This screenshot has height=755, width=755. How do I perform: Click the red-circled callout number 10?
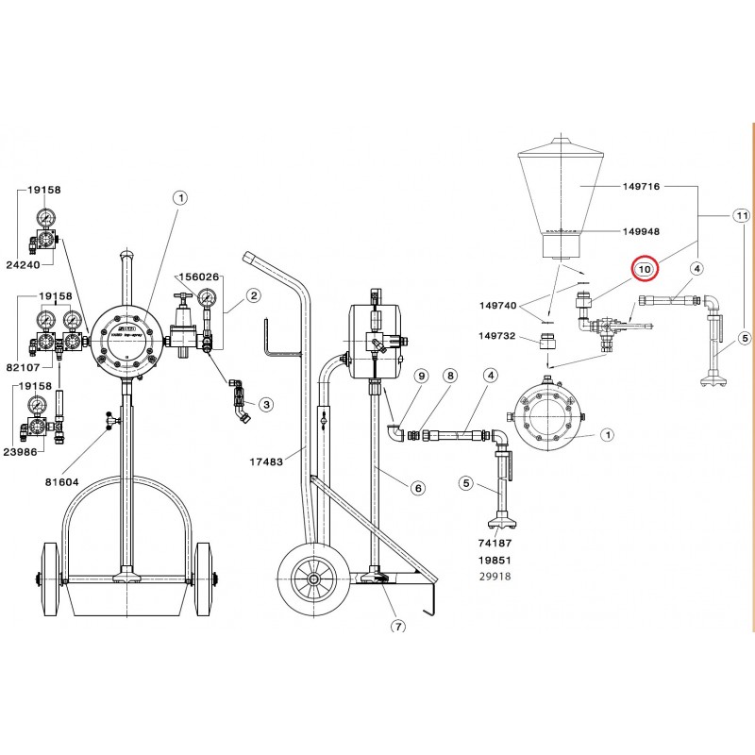(x=645, y=269)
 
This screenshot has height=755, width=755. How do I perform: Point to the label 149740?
(x=499, y=305)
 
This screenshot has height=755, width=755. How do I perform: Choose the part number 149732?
(x=499, y=335)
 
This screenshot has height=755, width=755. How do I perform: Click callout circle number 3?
(x=266, y=404)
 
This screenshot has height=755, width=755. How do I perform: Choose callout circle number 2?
(x=253, y=295)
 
